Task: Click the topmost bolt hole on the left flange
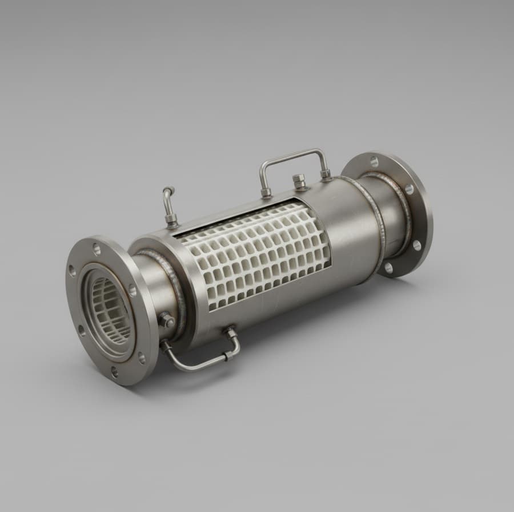click(95, 249)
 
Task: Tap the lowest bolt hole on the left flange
click(114, 372)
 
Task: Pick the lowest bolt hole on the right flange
click(389, 267)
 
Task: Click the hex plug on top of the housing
click(300, 182)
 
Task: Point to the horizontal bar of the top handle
click(292, 154)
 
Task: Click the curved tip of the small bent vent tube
click(166, 192)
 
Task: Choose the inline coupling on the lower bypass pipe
click(228, 355)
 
